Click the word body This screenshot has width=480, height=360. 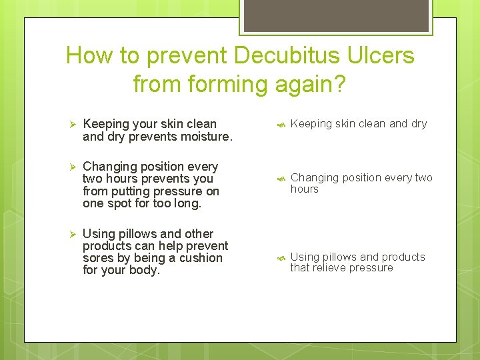[146, 271]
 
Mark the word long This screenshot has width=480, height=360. [186, 204]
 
